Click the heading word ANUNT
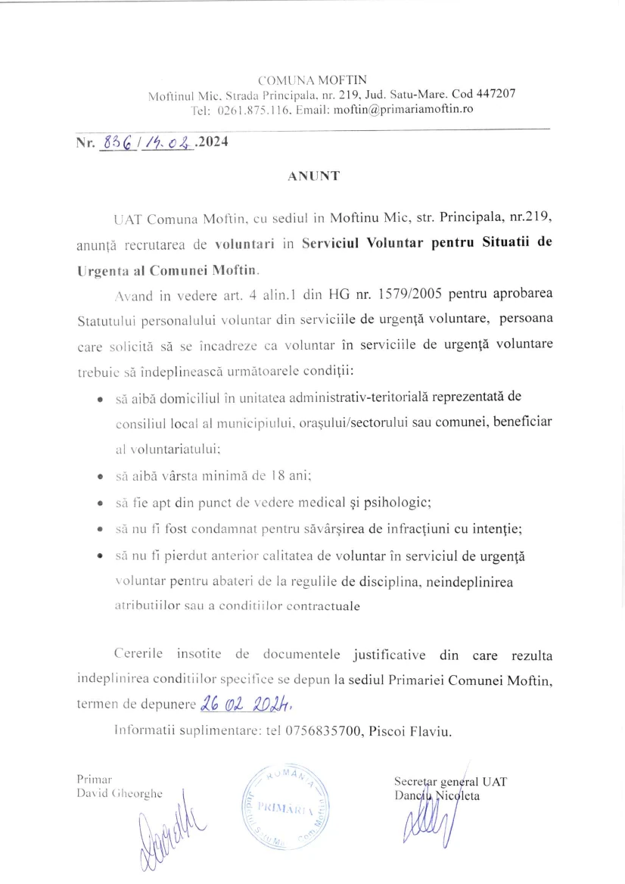coord(314,176)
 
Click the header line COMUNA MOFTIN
coord(312,79)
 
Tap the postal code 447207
coord(497,94)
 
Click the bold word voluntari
coord(243,244)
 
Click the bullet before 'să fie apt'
coord(100,503)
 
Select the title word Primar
coord(95,779)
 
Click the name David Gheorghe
coord(120,793)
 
